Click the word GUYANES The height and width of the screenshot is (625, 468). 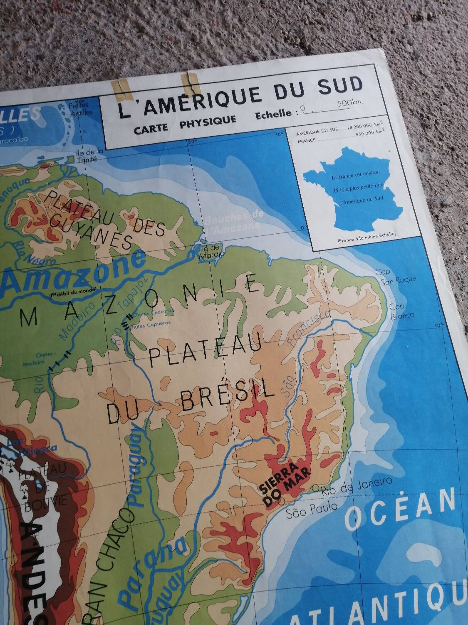91,231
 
